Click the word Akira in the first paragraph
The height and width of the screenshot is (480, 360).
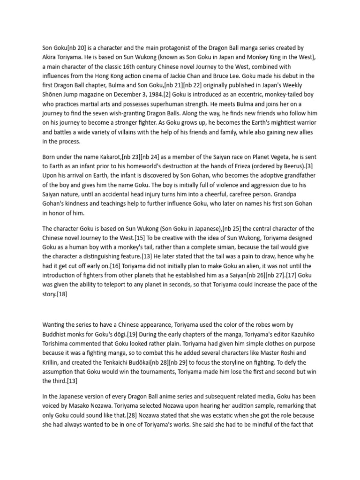pos(50,57)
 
